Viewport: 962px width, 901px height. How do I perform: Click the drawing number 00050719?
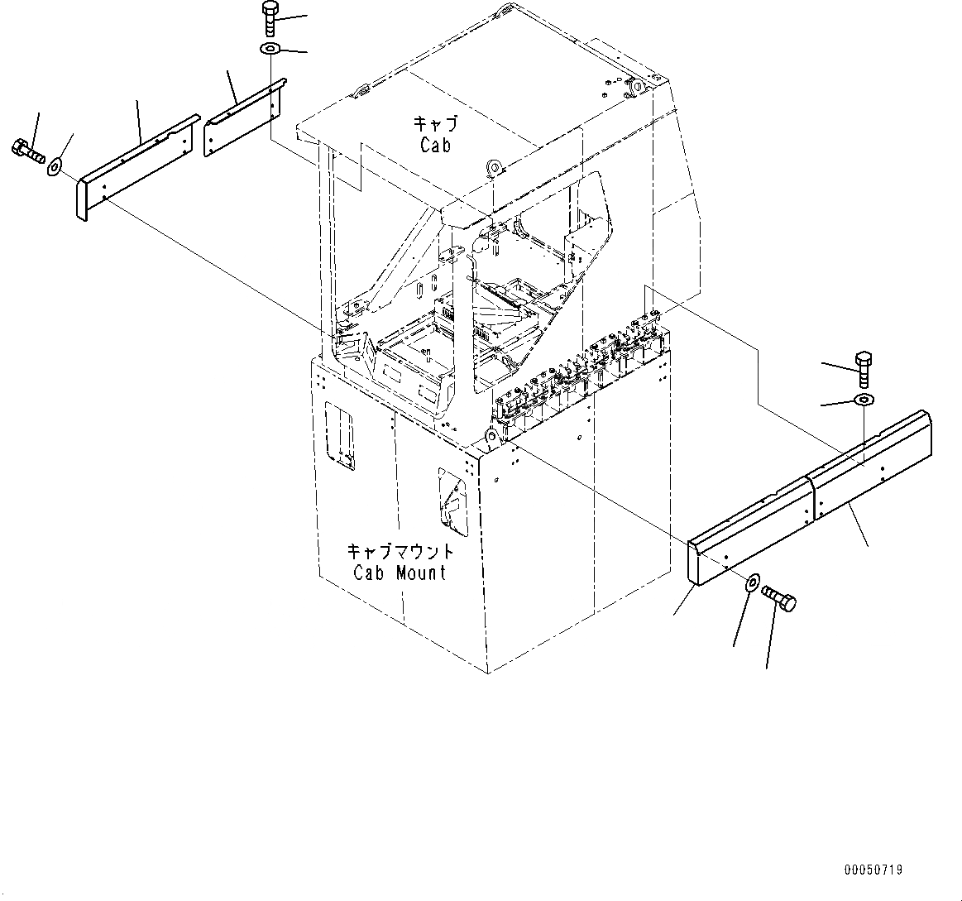click(x=873, y=870)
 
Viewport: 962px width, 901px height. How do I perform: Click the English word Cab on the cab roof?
click(x=435, y=145)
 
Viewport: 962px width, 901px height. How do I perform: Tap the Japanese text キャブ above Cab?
click(x=435, y=125)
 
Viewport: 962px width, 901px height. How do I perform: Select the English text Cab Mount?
click(x=400, y=572)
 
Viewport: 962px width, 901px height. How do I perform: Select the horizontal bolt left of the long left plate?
click(x=27, y=151)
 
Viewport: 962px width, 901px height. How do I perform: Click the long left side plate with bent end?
click(x=136, y=166)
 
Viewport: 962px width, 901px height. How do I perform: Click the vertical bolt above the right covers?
click(x=864, y=368)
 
